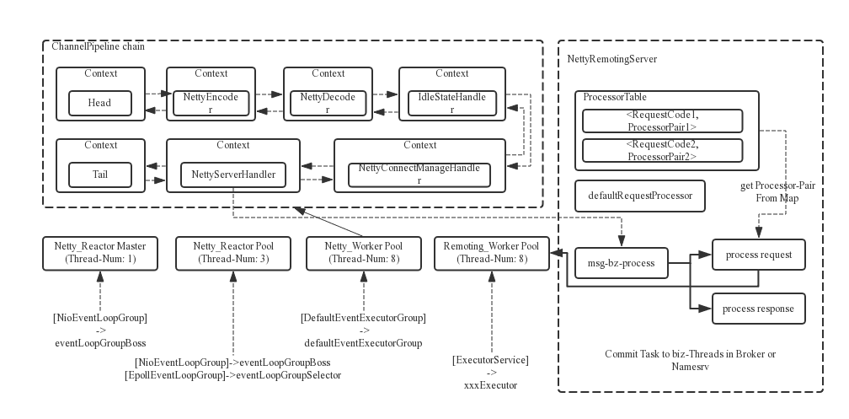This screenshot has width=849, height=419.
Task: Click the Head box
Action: (100, 103)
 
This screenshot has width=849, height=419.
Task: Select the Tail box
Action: (100, 175)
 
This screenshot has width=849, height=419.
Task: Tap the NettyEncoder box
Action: (211, 103)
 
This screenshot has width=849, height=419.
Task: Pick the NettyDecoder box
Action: (328, 103)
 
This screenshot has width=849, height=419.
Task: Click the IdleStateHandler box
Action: (452, 103)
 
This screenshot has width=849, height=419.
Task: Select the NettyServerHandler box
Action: (233, 175)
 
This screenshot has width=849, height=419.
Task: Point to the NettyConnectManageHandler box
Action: (419, 175)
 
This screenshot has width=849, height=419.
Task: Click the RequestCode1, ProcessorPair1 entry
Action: (662, 121)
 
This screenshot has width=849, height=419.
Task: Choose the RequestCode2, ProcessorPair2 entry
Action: (662, 150)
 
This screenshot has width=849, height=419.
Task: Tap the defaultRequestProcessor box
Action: (640, 196)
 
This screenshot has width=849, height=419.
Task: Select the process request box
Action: (759, 255)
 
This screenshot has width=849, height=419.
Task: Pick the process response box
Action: (759, 309)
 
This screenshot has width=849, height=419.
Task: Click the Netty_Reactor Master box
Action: (100, 253)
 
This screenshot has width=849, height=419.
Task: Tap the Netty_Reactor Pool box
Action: (233, 253)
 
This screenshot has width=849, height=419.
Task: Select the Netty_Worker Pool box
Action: (364, 253)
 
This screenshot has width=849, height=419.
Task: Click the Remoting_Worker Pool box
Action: (492, 253)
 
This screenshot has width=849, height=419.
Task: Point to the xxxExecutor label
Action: (490, 385)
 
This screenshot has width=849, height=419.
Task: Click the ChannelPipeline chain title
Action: (98, 46)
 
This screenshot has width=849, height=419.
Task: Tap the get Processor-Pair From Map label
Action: (777, 192)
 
